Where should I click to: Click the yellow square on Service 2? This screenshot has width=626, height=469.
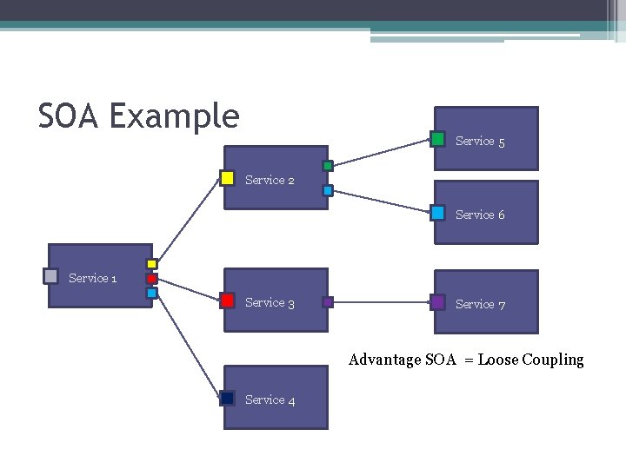tap(227, 178)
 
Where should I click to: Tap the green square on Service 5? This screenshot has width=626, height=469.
tap(438, 139)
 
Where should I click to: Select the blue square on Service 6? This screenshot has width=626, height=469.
tap(438, 213)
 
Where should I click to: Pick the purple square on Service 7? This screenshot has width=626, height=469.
tap(438, 302)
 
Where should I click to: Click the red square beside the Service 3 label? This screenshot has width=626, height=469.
tap(227, 301)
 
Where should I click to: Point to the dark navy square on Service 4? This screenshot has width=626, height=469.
tap(227, 398)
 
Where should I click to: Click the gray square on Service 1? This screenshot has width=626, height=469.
tap(50, 276)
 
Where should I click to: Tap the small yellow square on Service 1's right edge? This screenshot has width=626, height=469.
tap(151, 264)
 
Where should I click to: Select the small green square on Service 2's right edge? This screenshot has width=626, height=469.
tap(328, 166)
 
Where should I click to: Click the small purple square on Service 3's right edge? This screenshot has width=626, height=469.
tap(328, 302)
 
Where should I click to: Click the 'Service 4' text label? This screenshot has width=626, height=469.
tap(270, 400)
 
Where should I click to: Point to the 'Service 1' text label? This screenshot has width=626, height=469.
tap(92, 278)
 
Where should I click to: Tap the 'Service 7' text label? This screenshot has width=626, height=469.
tap(480, 304)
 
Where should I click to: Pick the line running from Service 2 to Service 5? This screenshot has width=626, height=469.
tap(383, 152)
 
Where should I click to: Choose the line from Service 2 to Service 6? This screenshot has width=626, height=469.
tap(383, 201)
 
